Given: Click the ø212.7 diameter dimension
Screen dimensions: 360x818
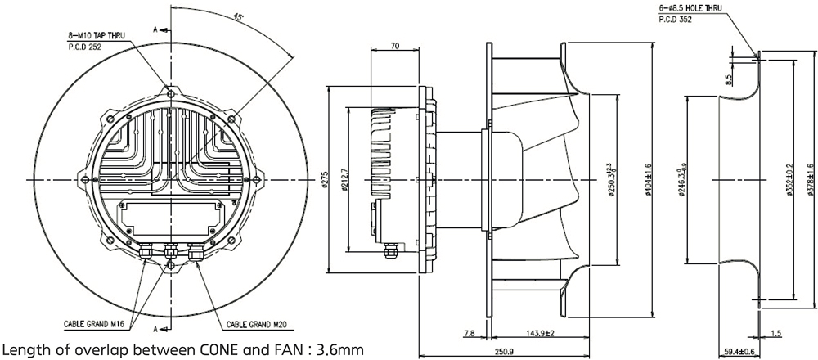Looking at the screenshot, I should click(348, 179).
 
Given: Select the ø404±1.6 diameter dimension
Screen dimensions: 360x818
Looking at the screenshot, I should click(648, 179).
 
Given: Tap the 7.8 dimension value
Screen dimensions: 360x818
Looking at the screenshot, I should click(468, 334).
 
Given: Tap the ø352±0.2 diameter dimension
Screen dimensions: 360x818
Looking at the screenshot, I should click(788, 179).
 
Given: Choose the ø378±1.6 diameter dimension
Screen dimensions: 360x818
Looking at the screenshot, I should click(810, 179).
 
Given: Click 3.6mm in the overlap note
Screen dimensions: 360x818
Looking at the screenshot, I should click(339, 350).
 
